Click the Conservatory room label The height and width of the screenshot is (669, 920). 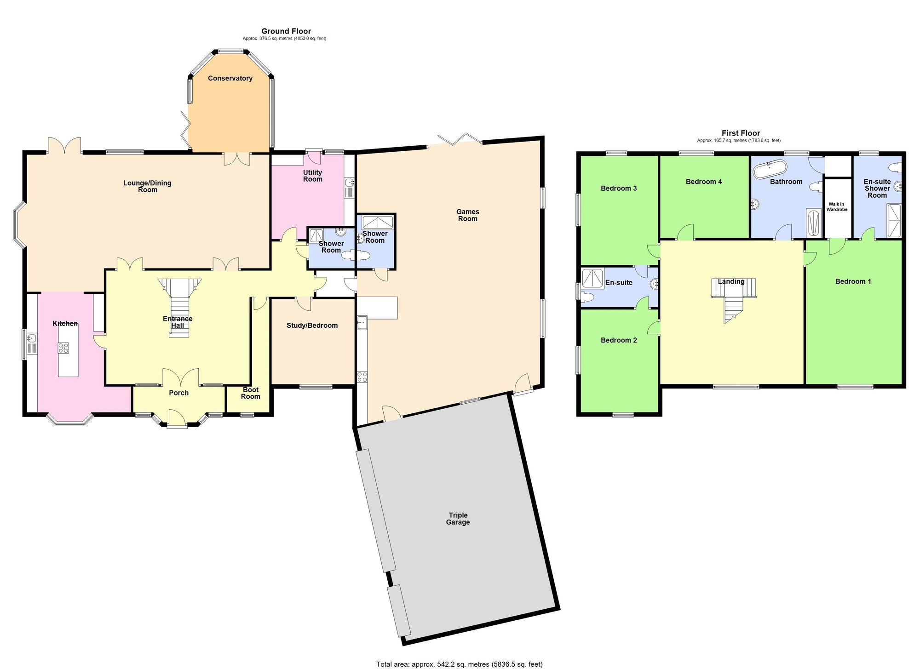coord(230,78)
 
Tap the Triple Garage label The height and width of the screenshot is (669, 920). coord(458,519)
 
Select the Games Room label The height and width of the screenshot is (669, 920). coord(467,215)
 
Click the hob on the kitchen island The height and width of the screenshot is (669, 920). coord(63,348)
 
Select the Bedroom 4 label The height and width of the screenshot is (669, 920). coord(703,182)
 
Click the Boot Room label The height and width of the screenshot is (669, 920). coord(251,393)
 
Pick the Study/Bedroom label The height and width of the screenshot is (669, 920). coord(312,326)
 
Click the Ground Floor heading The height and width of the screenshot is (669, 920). coord(286,31)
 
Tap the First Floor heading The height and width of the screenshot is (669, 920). coord(741,133)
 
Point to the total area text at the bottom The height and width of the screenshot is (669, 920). coord(459,664)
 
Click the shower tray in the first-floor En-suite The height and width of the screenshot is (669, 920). coord(592,278)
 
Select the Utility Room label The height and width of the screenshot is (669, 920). coord(312,176)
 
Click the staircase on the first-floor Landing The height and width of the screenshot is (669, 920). coord(734,299)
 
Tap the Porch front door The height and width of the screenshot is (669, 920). coord(177,419)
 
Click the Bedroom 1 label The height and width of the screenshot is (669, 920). coord(853,281)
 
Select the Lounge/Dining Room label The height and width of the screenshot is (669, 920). coord(147,186)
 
